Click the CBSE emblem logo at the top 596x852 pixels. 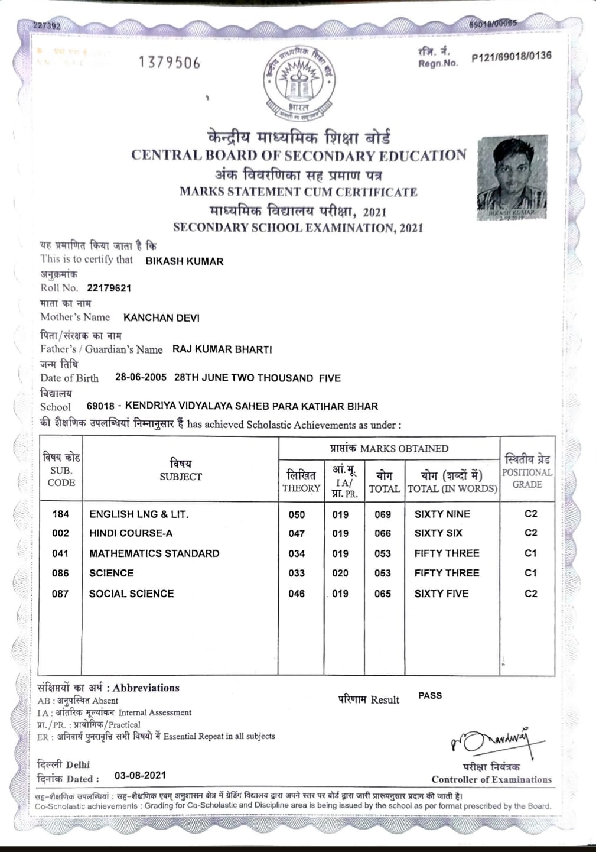point(299,81)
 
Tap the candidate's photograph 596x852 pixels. point(512,177)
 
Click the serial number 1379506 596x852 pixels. point(170,63)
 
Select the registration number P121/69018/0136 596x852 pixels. point(511,57)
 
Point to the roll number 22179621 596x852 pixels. point(109,288)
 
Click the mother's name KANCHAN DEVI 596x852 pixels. point(161,318)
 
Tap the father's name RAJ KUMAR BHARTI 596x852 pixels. point(222,349)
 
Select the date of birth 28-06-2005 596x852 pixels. point(141,377)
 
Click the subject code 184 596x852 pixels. point(60,514)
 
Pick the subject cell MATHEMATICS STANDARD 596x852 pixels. point(154,553)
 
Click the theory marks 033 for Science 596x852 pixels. point(297,573)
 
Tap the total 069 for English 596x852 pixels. point(383,514)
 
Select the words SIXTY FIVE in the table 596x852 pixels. point(441,594)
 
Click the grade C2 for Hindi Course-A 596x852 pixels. point(530,533)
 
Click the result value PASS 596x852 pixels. point(430,695)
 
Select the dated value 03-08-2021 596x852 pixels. point(140,775)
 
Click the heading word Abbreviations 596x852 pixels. point(146,688)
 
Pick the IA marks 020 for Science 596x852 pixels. point(340,573)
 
